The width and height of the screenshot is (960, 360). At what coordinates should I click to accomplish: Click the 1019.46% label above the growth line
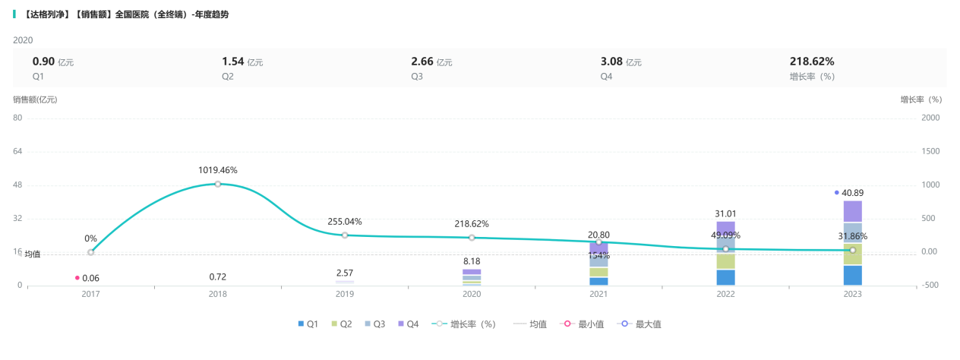[x=218, y=170]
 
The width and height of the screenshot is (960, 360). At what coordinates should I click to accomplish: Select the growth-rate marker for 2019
[x=345, y=235]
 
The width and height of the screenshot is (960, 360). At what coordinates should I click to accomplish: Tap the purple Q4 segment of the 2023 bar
[x=852, y=211]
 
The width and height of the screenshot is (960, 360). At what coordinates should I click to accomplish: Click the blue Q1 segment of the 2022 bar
[x=725, y=277]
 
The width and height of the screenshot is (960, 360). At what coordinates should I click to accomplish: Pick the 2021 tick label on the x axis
[x=598, y=294]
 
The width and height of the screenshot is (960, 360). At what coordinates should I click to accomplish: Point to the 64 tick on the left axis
[x=18, y=151]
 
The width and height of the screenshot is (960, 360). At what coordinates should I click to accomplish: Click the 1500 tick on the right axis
[x=930, y=151]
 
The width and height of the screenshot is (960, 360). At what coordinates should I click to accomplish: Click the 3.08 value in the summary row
[x=611, y=62]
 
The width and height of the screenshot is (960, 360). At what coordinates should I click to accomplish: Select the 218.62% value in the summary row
[x=812, y=62]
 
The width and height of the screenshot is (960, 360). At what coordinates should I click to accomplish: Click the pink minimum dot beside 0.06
[x=77, y=278]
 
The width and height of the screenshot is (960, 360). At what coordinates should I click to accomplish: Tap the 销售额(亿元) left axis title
[x=34, y=99]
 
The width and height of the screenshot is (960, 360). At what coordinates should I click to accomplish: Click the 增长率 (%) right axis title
[x=921, y=99]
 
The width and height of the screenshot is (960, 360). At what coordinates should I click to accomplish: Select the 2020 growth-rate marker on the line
[x=472, y=238]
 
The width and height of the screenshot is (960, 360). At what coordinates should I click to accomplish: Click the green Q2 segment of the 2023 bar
[x=852, y=254]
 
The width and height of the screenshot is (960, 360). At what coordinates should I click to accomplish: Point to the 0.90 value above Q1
[x=43, y=62]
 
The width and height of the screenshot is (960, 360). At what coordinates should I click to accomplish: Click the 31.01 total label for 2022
[x=725, y=213]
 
